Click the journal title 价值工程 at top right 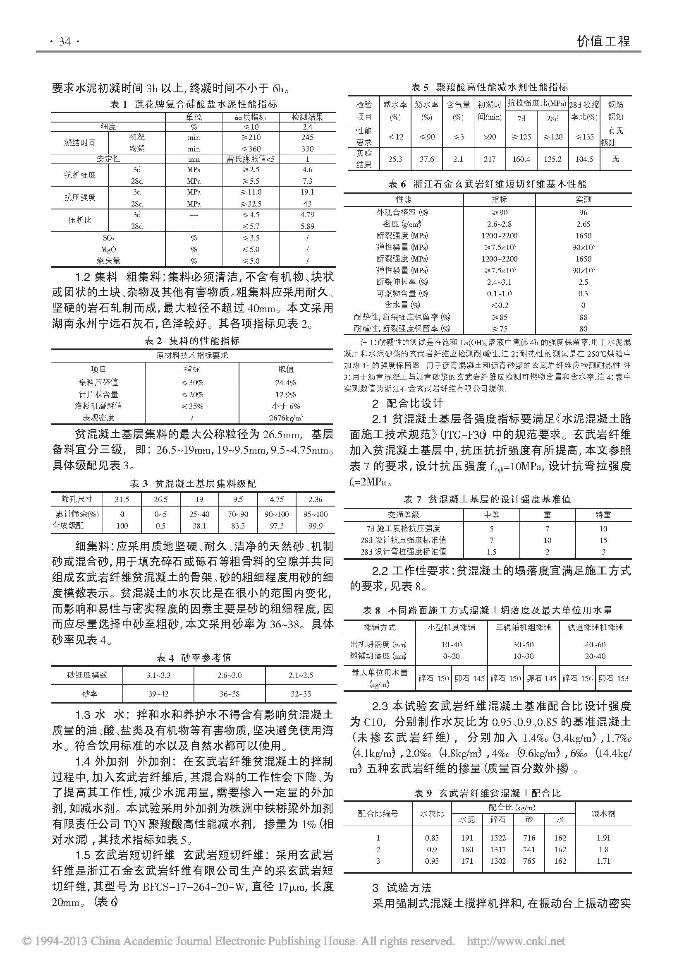(x=603, y=41)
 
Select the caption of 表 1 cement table (x=193, y=104)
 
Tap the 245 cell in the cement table (x=307, y=137)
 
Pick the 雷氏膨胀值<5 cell (x=250, y=159)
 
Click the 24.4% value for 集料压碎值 (x=286, y=383)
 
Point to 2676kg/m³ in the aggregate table (x=286, y=418)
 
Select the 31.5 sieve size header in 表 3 (x=122, y=499)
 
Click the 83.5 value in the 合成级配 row (x=238, y=526)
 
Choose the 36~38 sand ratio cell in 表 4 (x=229, y=675)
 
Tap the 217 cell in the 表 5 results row (x=489, y=159)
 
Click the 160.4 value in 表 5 (x=521, y=159)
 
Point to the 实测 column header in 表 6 (x=583, y=199)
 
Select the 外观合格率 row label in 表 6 (x=403, y=212)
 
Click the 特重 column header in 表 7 (x=603, y=515)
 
